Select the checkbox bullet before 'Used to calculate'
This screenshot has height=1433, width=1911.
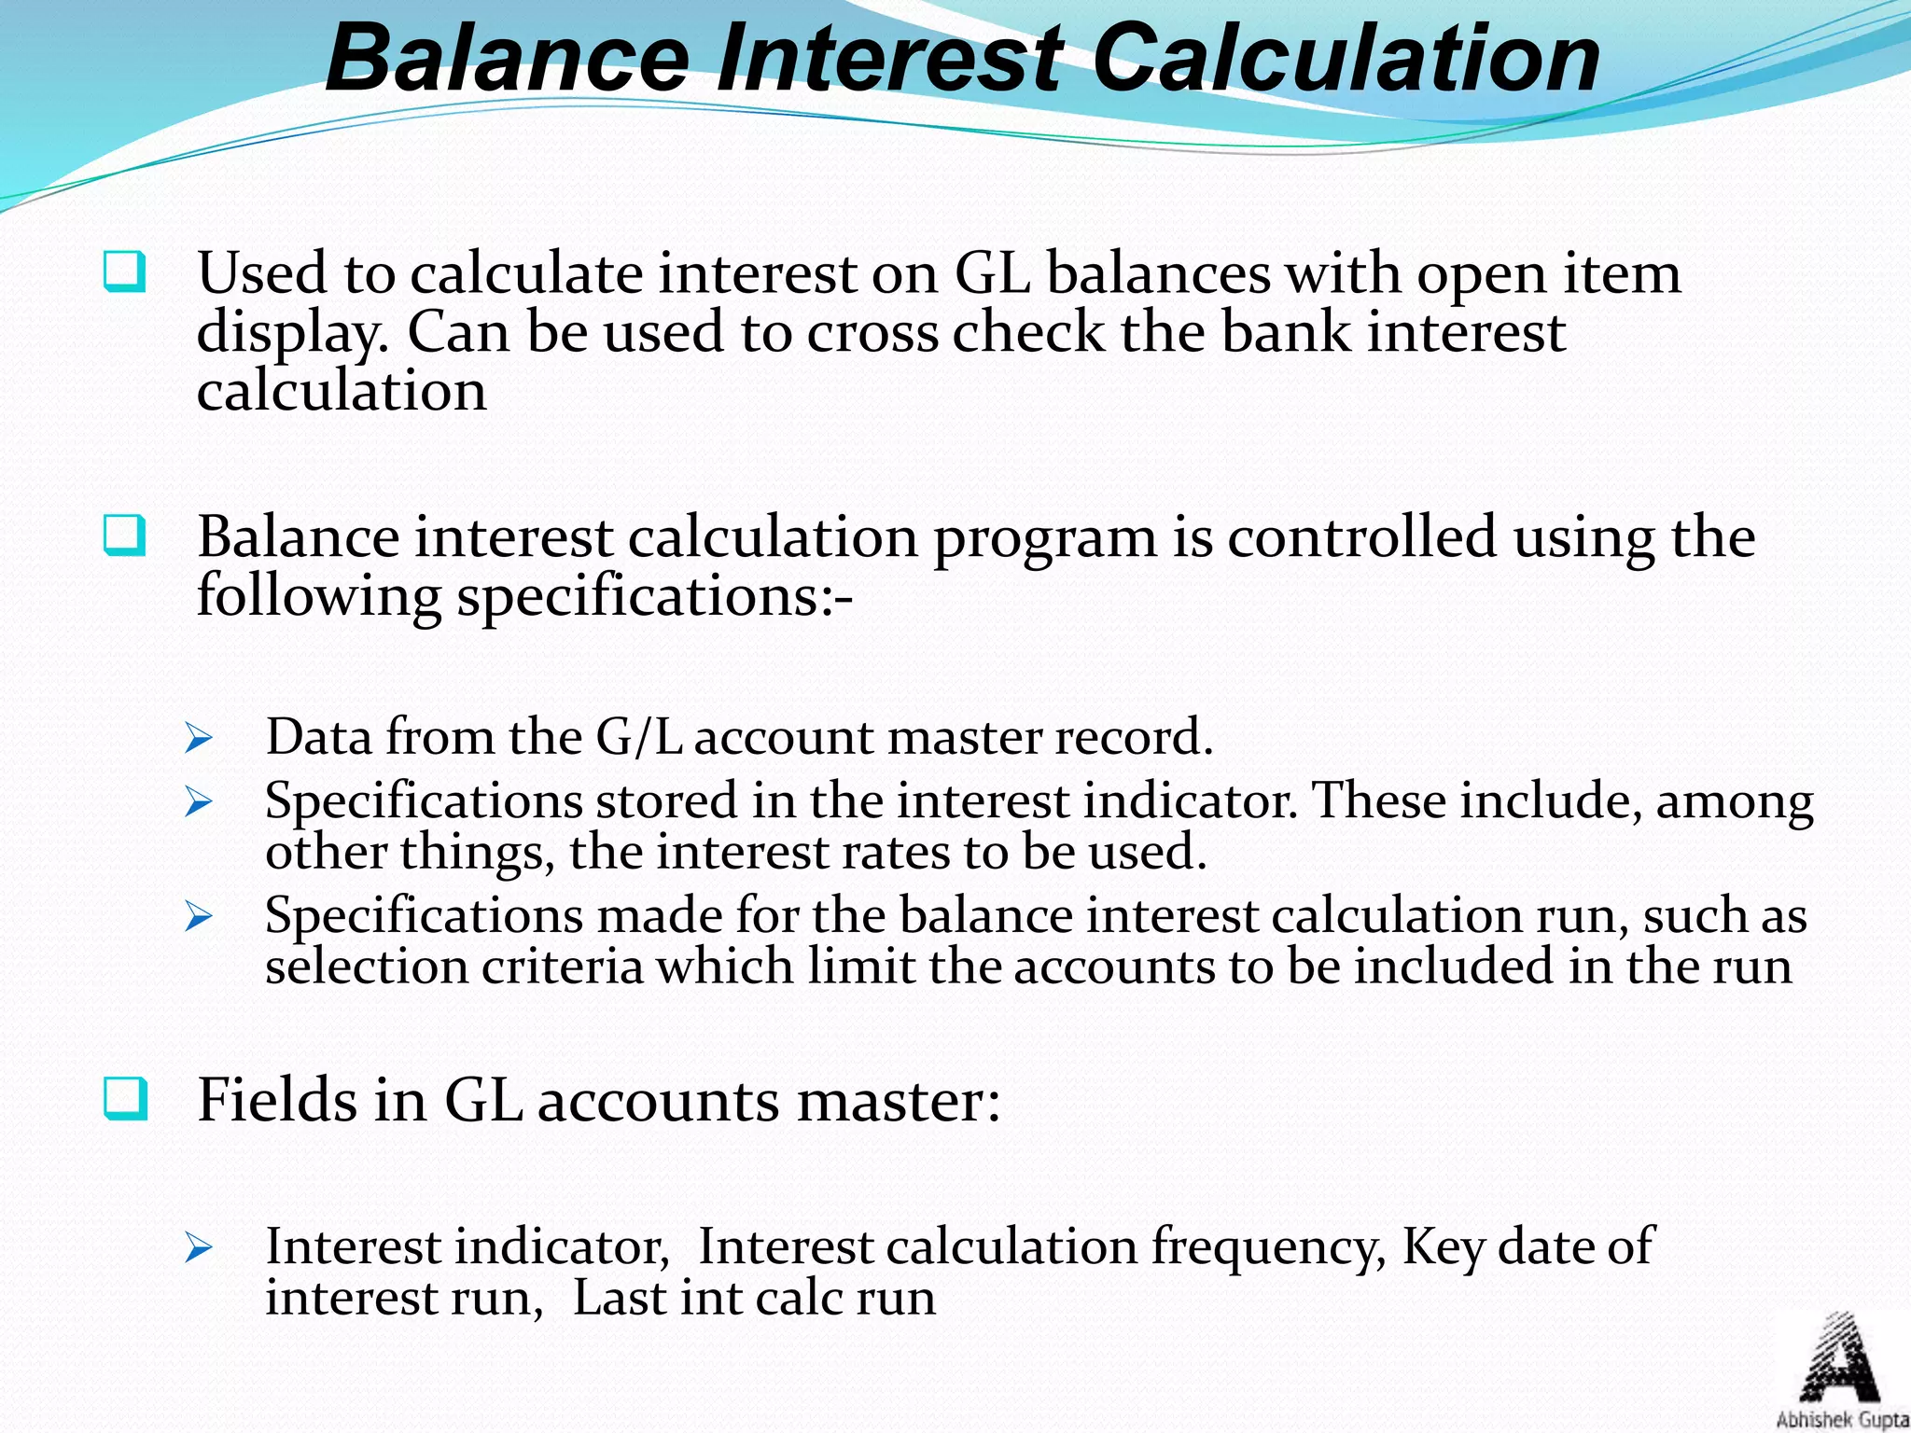(x=124, y=272)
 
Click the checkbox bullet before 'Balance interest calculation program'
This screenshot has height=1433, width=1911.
(x=124, y=536)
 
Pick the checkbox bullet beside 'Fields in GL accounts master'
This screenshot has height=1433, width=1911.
(x=124, y=1098)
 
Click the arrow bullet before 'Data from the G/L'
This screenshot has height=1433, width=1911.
(x=199, y=739)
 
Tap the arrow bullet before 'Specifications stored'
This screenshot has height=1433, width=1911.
(x=199, y=801)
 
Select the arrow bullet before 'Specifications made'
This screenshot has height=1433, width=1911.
(x=199, y=916)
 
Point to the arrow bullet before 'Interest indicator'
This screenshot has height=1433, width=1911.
(x=199, y=1247)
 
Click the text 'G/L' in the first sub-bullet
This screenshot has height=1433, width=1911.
(x=638, y=737)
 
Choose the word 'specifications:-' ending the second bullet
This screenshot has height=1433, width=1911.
(x=654, y=597)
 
